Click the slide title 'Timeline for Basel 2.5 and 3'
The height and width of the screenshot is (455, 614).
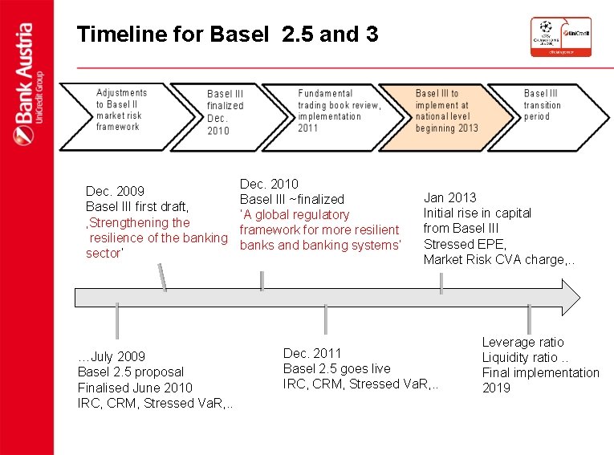227,35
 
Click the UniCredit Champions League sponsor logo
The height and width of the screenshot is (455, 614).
560,37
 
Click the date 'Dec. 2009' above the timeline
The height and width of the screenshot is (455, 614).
116,191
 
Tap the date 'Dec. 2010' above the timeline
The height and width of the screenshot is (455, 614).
269,184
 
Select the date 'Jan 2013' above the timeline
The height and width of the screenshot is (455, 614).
449,197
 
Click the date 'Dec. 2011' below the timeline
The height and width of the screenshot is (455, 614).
312,353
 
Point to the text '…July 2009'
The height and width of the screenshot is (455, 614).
112,356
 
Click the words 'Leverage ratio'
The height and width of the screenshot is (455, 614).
523,342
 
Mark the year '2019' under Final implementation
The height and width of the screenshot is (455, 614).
496,388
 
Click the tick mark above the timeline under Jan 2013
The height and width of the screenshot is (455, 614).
441,282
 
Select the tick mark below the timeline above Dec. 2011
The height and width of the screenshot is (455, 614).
325,319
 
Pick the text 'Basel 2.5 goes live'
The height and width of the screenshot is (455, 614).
337,368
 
